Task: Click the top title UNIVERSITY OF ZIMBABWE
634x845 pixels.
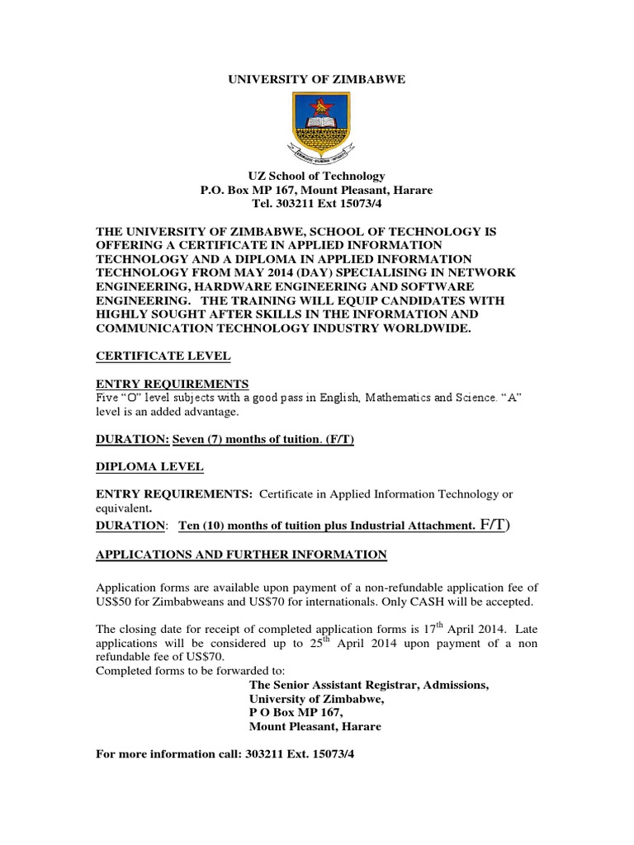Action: pyautogui.click(x=317, y=79)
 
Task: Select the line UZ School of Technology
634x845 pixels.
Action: pyautogui.click(x=317, y=176)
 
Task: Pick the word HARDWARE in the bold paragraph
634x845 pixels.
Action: pyautogui.click(x=215, y=286)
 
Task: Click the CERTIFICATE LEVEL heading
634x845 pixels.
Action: pyautogui.click(x=163, y=356)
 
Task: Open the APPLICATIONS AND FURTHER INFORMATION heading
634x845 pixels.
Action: pyautogui.click(x=242, y=555)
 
